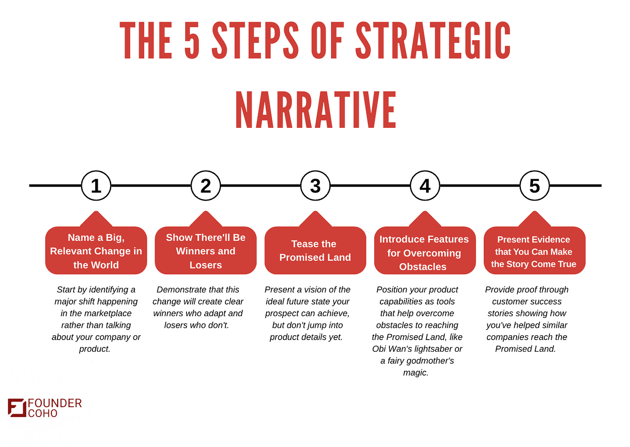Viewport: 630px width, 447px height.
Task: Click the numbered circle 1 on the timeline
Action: point(96,186)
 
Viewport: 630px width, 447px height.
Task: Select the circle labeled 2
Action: point(206,186)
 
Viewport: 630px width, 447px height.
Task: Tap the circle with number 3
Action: point(315,186)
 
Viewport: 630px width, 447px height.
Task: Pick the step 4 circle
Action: point(425,186)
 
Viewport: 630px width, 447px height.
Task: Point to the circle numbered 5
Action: point(535,186)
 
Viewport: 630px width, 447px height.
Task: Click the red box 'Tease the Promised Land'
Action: point(315,250)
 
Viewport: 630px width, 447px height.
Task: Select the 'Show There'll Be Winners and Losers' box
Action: point(206,251)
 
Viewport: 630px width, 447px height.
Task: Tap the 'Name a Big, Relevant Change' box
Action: point(96,251)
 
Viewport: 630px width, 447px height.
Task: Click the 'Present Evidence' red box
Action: point(534,251)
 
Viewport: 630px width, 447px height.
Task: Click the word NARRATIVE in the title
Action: point(316,110)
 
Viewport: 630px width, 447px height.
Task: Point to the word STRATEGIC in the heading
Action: point(433,41)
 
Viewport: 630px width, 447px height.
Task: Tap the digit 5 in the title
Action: point(192,41)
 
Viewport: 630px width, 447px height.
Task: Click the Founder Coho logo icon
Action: point(17,408)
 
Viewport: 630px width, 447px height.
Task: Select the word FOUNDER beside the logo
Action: point(55,403)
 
